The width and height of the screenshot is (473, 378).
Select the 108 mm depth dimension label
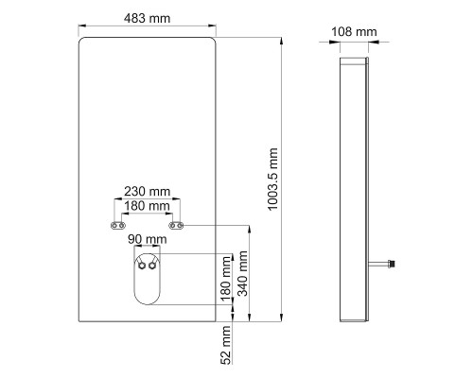click(x=354, y=32)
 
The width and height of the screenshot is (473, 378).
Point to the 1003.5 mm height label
click(x=274, y=177)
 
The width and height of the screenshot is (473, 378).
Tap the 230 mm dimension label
click(x=147, y=190)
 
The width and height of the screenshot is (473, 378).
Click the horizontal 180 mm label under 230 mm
click(x=147, y=205)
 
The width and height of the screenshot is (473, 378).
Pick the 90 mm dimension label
click(x=149, y=241)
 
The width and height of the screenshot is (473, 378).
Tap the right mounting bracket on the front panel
click(x=176, y=226)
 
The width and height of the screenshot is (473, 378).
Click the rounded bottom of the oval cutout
click(x=146, y=304)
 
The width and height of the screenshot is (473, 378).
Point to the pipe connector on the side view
click(x=388, y=261)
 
